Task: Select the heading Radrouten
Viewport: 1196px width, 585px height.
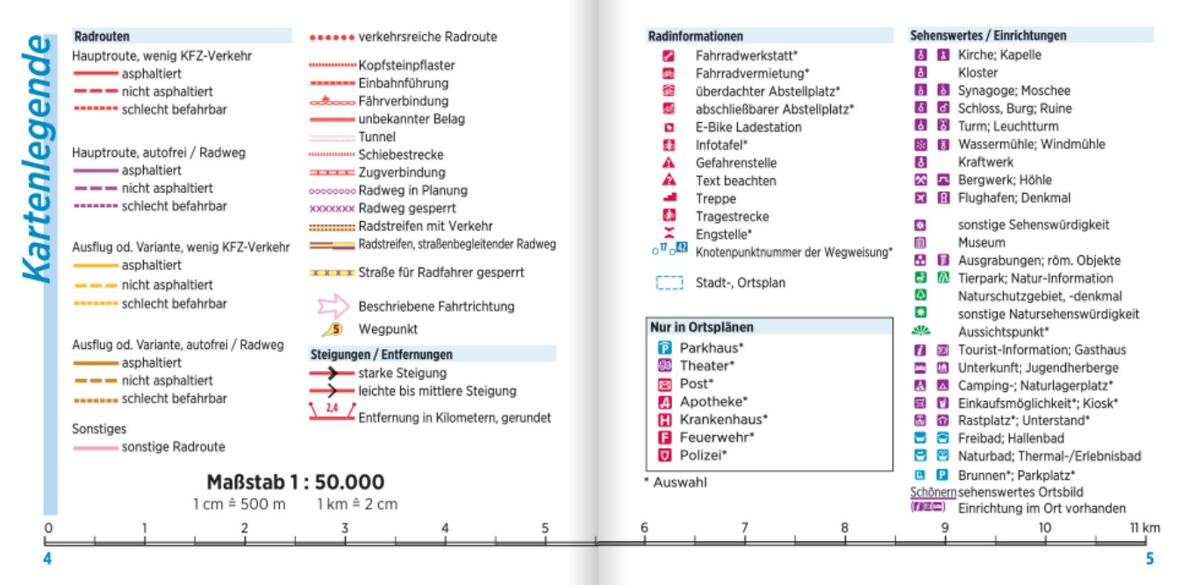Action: pyautogui.click(x=102, y=37)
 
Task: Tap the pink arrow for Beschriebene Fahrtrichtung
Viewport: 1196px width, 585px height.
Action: pyautogui.click(x=332, y=307)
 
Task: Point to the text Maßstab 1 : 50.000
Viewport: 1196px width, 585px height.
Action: pyautogui.click(x=295, y=482)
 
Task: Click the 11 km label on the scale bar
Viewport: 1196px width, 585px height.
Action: pyautogui.click(x=1144, y=528)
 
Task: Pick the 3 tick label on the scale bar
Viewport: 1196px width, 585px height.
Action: pyautogui.click(x=345, y=528)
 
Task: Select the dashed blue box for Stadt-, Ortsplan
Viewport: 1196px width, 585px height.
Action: pyautogui.click(x=669, y=283)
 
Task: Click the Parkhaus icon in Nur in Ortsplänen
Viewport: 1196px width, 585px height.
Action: pyautogui.click(x=664, y=348)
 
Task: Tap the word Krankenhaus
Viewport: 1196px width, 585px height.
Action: pyautogui.click(x=723, y=419)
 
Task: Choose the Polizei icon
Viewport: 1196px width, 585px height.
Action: pyautogui.click(x=664, y=455)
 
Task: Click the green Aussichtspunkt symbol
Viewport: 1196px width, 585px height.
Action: pyautogui.click(x=920, y=332)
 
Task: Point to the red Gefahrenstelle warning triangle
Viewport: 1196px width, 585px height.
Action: pyautogui.click(x=669, y=163)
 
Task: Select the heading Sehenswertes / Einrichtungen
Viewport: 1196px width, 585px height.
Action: pyautogui.click(x=988, y=36)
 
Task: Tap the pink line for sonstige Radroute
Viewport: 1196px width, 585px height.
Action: pyautogui.click(x=95, y=447)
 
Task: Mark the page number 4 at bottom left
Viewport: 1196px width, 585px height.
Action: pyautogui.click(x=47, y=560)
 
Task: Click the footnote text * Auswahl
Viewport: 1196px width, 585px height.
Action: pyautogui.click(x=680, y=482)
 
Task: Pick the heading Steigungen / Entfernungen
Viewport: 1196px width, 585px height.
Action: pyautogui.click(x=382, y=354)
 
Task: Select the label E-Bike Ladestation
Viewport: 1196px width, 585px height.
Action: pyautogui.click(x=748, y=127)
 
